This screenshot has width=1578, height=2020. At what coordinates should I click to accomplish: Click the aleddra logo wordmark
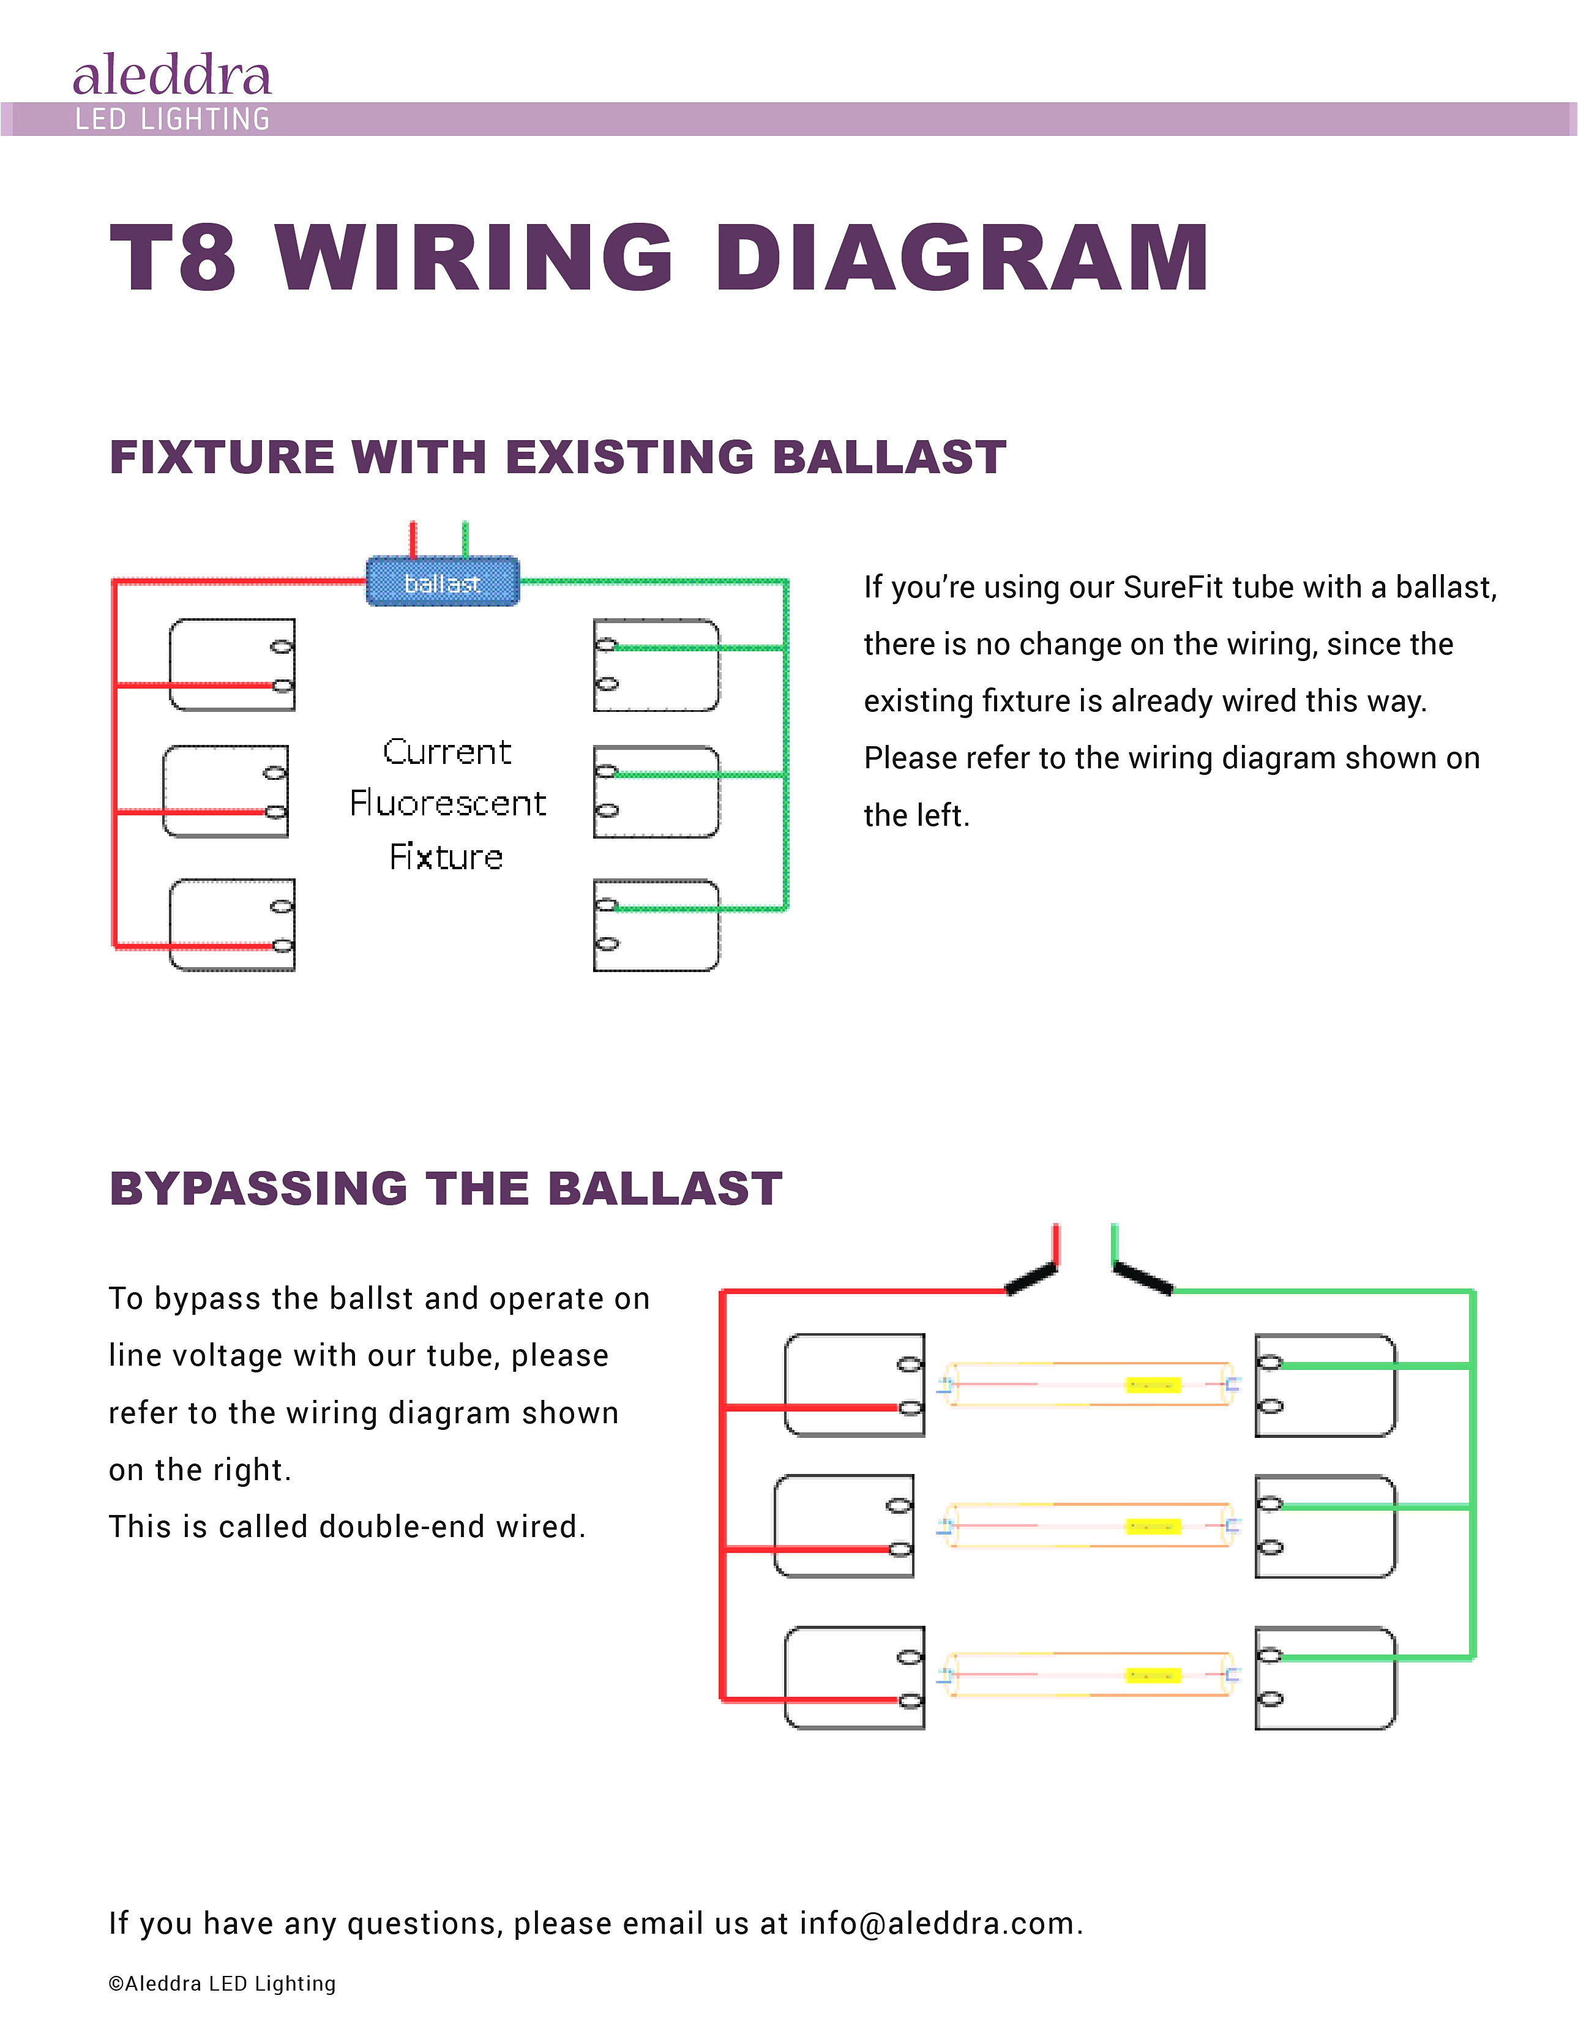(172, 76)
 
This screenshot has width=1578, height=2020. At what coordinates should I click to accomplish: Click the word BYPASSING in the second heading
(258, 1189)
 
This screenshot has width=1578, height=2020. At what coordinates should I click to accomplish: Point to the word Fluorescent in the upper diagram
(447, 803)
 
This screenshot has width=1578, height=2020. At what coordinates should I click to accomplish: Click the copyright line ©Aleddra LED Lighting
(222, 1983)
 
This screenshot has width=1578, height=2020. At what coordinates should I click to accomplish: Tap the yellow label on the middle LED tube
(1153, 1526)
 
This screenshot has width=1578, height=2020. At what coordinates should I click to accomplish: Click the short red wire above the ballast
(413, 539)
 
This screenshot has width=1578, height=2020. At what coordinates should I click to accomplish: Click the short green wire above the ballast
(465, 539)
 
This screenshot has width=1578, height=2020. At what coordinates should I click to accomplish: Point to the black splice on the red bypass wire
(1030, 1279)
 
